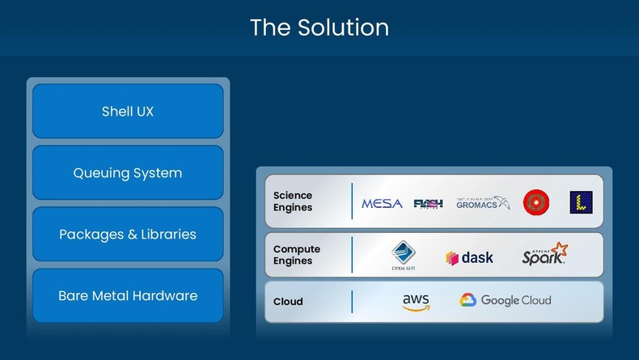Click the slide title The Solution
319,28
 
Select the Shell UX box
128,112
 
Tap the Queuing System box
128,173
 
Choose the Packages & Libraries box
128,235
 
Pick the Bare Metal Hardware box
128,296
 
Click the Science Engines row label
293,201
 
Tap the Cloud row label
288,302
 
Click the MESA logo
382,203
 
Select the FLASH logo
428,203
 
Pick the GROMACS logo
483,202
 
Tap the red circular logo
535,202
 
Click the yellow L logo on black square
581,202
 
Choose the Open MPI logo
404,256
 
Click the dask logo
469,258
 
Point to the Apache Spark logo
544,256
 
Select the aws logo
416,302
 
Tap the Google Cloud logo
506,301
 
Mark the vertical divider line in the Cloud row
352,302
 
